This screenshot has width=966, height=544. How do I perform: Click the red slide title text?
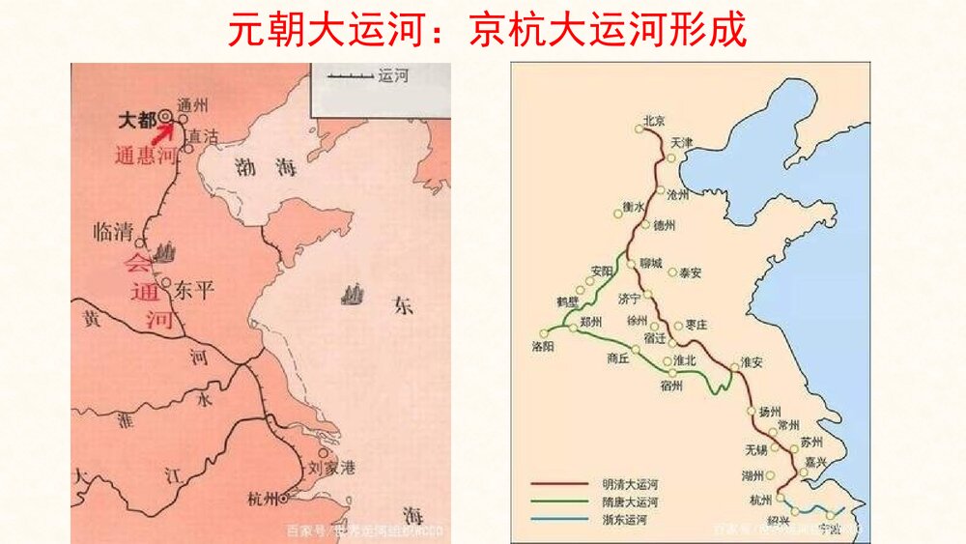pos(487,30)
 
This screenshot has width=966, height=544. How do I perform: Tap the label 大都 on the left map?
pos(135,120)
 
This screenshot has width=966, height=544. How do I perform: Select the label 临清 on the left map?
pos(112,232)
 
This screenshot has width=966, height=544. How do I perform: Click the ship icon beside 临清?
pos(165,252)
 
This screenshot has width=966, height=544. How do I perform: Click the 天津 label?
pos(682,142)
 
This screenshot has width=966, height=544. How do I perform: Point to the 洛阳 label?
pos(545,344)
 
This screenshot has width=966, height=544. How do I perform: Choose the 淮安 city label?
pos(751,362)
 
